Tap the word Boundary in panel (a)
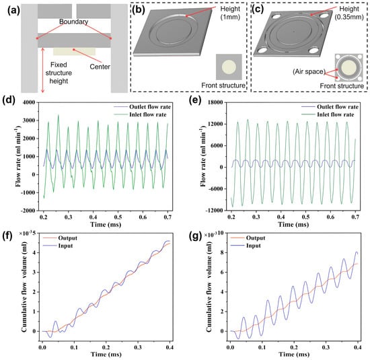(73, 22)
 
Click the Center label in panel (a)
(100, 67)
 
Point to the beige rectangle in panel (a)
(74, 51)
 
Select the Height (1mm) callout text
(230, 13)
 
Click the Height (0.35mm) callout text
(349, 13)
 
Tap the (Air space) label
(309, 71)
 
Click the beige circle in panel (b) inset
(229, 67)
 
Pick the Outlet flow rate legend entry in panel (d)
(142, 107)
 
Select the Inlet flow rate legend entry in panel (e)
(328, 114)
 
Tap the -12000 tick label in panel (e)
(214, 211)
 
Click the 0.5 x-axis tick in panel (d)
(118, 217)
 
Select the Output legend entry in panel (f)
(60, 238)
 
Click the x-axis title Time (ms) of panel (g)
(294, 354)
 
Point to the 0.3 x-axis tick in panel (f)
(138, 347)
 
